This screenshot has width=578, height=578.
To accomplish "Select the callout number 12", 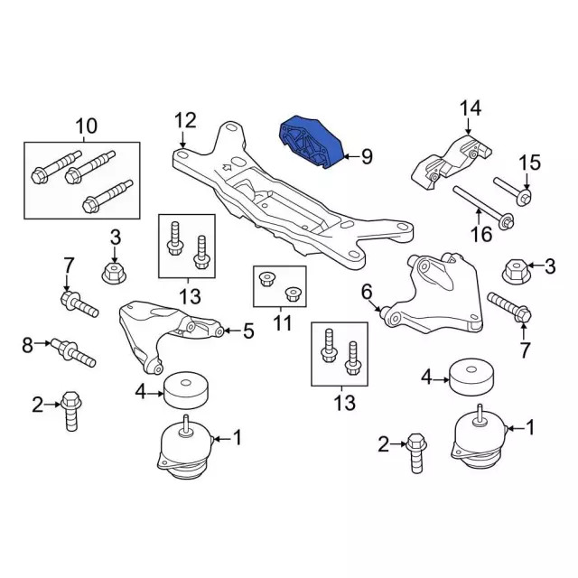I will click(184, 120).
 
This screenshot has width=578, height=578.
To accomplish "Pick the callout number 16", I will click(481, 235).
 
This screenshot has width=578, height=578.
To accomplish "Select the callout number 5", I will click(247, 331).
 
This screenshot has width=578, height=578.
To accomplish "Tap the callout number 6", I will click(367, 291).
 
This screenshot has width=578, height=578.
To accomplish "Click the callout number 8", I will click(27, 344).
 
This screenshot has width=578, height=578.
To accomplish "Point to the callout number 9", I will click(366, 156).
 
